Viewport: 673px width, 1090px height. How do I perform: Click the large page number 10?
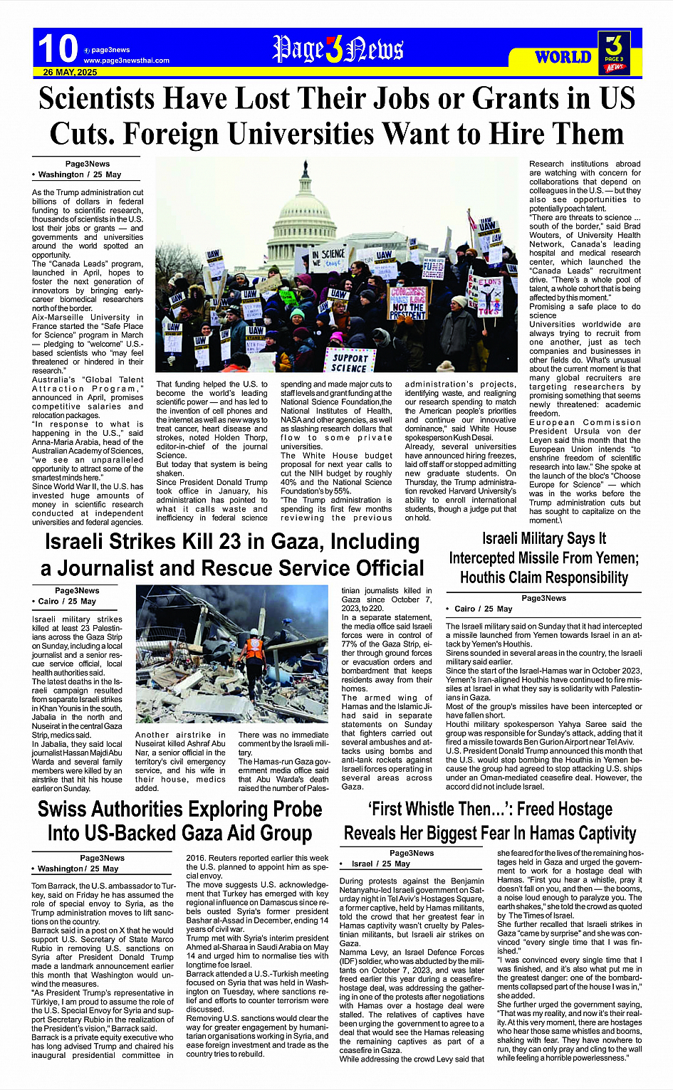tap(57, 49)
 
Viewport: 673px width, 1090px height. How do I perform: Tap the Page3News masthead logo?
tap(338, 50)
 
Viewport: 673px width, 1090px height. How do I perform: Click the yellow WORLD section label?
tap(563, 57)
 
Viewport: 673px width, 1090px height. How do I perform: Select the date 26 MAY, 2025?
tap(70, 73)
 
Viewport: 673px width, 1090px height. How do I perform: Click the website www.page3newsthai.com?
tap(126, 61)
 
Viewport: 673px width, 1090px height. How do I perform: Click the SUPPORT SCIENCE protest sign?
tap(350, 362)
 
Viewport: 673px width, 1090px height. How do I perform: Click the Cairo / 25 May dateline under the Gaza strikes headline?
tap(67, 602)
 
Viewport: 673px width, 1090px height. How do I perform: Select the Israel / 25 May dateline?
tap(382, 864)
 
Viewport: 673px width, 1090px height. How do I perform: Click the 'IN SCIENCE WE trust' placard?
tap(328, 258)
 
